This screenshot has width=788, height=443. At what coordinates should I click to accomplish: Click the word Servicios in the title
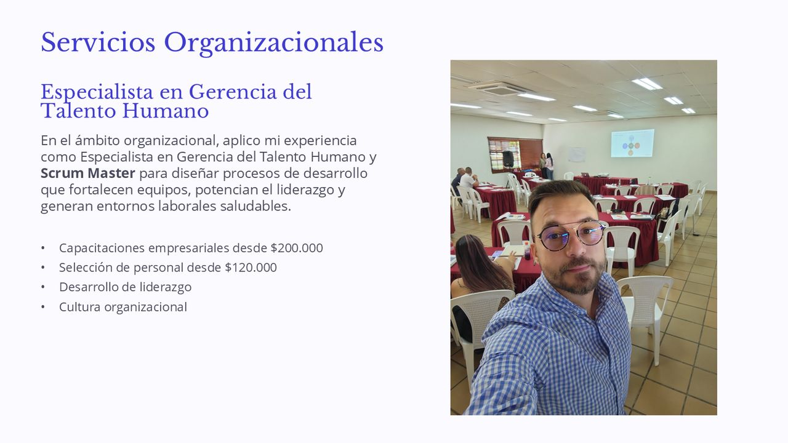click(x=98, y=42)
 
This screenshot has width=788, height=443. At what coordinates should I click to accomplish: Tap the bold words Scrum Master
click(x=87, y=173)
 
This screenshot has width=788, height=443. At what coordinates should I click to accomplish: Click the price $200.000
click(x=297, y=248)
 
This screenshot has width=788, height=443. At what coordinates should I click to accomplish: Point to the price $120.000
click(x=251, y=267)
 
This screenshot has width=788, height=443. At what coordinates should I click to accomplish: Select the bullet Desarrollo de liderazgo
click(x=125, y=287)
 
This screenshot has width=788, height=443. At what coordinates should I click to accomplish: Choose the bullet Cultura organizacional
click(x=123, y=307)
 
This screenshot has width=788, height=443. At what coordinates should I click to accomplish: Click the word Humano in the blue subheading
click(x=166, y=111)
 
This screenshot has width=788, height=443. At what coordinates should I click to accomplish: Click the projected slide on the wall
click(x=632, y=143)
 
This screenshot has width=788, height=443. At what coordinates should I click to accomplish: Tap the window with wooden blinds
click(x=515, y=154)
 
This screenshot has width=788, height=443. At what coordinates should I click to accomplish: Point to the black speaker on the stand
click(x=508, y=159)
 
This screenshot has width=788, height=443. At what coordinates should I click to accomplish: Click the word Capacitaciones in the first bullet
click(x=102, y=248)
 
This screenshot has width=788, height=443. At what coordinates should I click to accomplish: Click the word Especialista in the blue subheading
click(x=97, y=92)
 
